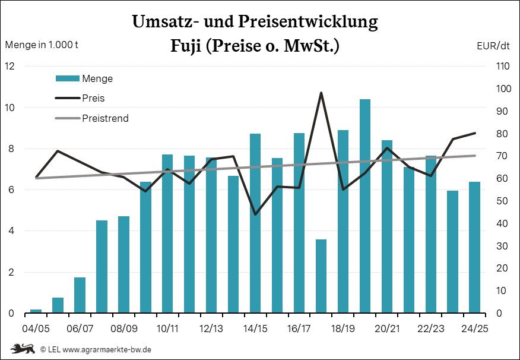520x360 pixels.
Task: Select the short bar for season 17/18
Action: click(x=321, y=276)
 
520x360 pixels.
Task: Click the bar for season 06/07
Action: click(x=80, y=295)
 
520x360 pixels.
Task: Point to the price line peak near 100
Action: click(x=321, y=93)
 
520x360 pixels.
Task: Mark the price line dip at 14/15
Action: click(x=255, y=214)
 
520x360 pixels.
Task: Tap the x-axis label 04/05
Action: click(x=36, y=329)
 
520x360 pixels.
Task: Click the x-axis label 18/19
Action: click(x=343, y=329)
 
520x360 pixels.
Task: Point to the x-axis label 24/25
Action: click(x=475, y=329)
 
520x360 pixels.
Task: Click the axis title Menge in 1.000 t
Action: click(x=42, y=45)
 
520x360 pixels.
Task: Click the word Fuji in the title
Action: click(x=185, y=46)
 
